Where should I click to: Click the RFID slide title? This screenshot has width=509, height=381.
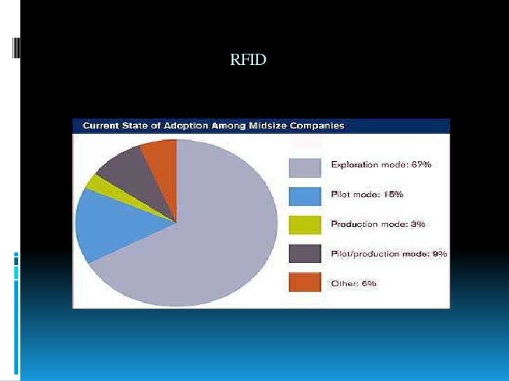pos(248,61)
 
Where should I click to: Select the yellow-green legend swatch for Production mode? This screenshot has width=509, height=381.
pos(306,224)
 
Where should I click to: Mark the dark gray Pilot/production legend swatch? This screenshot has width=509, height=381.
pos(306,253)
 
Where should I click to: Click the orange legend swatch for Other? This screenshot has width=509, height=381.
pos(306,283)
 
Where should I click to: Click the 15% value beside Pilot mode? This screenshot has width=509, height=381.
pos(393,194)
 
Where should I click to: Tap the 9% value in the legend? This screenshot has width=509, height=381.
pos(440,254)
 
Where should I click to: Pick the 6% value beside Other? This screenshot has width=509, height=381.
pos(368,283)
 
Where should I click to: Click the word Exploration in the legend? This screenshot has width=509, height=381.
pos(353,165)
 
